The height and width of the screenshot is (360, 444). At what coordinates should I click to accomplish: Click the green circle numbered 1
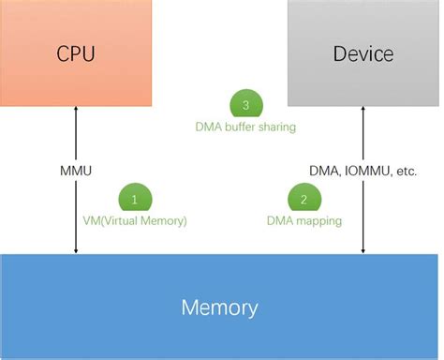coord(135,199)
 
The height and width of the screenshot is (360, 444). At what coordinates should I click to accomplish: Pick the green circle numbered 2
coord(304,199)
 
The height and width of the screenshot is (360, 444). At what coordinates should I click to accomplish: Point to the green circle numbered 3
coord(246,103)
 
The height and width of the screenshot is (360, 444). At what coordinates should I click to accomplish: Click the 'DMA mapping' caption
coord(303,221)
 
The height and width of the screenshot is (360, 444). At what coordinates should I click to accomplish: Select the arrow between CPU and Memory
coord(76,206)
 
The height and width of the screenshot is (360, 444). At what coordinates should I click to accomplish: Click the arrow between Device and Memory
coord(363,206)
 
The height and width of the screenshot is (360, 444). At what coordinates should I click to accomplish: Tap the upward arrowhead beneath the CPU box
coord(76,111)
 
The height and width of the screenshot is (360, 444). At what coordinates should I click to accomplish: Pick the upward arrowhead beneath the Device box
coord(363,111)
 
